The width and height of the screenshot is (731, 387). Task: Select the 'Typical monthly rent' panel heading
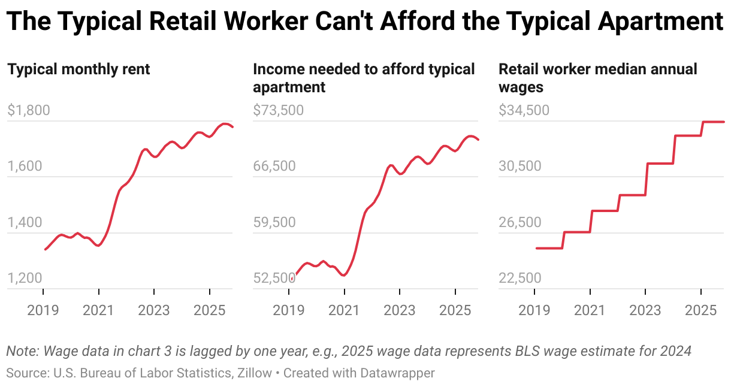78,69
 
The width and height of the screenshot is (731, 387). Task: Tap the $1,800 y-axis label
28,110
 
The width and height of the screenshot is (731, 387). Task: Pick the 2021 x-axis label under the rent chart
98,310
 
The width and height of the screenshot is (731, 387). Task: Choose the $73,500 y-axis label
278,110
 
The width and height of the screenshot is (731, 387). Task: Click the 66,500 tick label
274,166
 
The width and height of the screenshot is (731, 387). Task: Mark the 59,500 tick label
274,222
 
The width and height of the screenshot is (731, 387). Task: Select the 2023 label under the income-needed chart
400,310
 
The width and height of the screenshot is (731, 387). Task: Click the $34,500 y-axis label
524,110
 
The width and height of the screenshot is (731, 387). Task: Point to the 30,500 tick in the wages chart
520,166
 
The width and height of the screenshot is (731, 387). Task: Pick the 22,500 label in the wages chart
520,278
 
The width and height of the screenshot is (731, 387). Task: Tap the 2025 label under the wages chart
700,310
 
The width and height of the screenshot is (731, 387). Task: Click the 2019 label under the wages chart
534,310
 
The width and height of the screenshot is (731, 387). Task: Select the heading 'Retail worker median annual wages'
598,78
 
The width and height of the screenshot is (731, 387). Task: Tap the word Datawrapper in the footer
397,373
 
